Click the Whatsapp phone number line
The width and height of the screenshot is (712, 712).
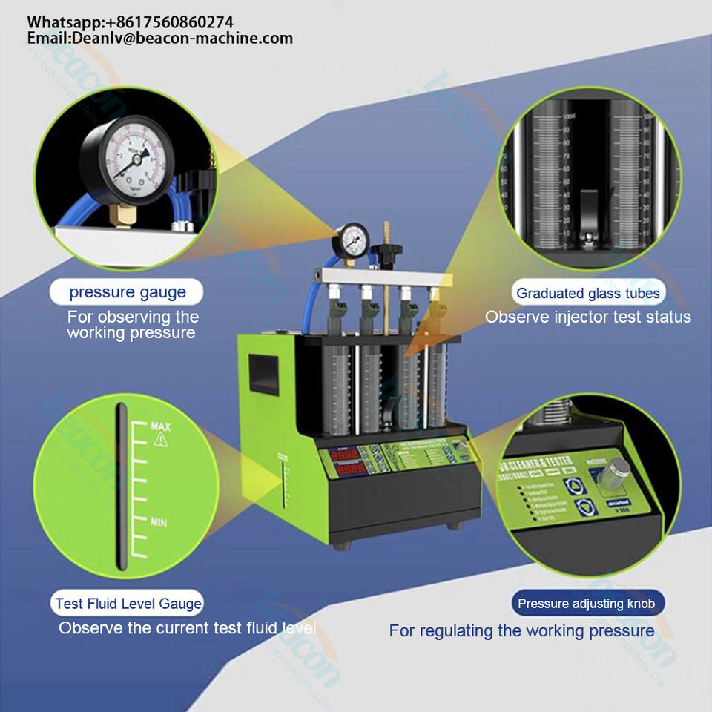click(131, 22)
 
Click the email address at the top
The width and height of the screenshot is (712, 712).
click(160, 39)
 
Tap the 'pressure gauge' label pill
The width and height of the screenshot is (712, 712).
click(128, 291)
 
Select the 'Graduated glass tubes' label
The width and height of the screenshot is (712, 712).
click(588, 293)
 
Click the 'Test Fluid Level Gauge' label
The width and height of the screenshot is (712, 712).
click(128, 604)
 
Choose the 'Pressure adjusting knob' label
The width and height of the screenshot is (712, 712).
click(587, 604)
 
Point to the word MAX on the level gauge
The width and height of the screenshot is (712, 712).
click(161, 426)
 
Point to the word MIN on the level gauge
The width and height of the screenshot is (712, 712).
click(159, 521)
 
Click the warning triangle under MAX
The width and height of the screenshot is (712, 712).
click(160, 440)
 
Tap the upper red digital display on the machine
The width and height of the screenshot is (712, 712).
click(349, 454)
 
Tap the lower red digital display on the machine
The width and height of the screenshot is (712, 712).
click(349, 470)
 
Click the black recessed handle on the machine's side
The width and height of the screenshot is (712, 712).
click(263, 373)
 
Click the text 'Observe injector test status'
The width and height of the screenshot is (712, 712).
click(588, 317)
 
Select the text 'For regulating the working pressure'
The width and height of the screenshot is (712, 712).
click(522, 631)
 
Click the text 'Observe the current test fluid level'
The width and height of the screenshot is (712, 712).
click(188, 628)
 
